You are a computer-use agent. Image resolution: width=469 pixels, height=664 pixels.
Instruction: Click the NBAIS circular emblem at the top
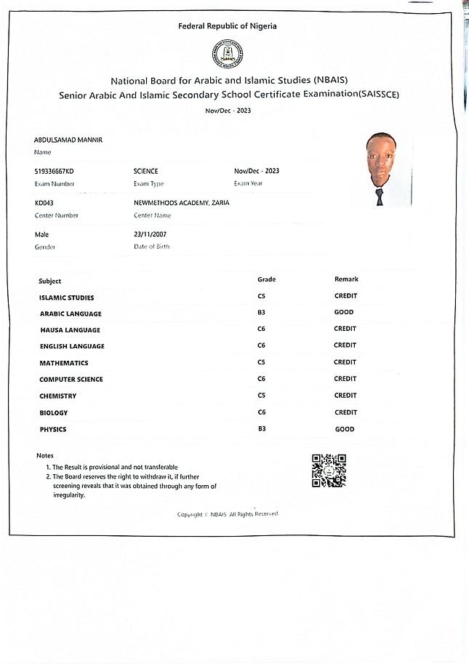[228, 53]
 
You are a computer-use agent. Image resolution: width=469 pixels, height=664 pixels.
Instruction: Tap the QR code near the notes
[328, 471]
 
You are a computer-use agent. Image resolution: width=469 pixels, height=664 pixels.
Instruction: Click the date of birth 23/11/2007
[151, 234]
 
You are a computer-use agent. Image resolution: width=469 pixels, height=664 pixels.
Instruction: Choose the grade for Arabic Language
[261, 313]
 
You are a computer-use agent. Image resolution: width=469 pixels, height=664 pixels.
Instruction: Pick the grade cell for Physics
[262, 429]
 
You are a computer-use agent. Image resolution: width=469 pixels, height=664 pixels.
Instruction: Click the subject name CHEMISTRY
[58, 396]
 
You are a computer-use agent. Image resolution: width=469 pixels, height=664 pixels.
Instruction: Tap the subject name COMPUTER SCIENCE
[71, 380]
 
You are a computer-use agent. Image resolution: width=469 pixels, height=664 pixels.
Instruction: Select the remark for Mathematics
[345, 362]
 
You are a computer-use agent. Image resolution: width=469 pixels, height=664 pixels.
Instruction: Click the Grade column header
[267, 279]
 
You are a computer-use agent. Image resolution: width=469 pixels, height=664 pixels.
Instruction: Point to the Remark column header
[346, 279]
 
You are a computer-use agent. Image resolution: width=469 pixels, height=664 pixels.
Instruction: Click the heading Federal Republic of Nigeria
[228, 26]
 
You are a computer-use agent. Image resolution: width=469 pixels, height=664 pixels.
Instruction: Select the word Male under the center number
[41, 234]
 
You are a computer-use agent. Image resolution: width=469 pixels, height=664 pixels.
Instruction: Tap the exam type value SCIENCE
[145, 171]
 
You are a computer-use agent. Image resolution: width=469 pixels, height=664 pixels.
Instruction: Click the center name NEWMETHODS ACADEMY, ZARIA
[181, 203]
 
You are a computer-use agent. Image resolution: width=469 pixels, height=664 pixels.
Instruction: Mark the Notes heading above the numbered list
[45, 455]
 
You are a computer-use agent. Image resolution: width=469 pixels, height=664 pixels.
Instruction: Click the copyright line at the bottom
[228, 514]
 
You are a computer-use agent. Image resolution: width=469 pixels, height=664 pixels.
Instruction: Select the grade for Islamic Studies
[262, 297]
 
